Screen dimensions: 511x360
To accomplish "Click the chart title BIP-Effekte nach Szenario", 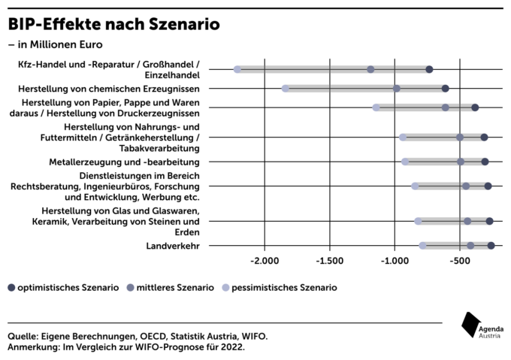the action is (113, 24).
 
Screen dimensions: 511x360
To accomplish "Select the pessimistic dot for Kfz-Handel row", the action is (237, 69).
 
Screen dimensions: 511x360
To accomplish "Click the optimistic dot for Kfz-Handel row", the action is (429, 69).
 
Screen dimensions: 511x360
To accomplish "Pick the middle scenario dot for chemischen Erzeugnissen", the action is (397, 89).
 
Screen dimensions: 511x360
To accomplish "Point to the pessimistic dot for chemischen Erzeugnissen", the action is (285, 89).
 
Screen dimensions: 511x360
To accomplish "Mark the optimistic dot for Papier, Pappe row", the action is (475, 107).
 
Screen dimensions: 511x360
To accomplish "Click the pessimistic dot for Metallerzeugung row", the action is (405, 162).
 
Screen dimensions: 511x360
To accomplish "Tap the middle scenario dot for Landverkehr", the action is (470, 246).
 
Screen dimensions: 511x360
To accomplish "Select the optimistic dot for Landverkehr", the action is (491, 246).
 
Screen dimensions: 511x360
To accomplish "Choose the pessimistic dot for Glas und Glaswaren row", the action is (418, 222).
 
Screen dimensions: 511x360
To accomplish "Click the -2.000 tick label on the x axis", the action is (265, 261).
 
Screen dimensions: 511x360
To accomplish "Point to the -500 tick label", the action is (460, 261).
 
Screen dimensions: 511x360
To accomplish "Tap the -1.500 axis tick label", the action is (329, 261).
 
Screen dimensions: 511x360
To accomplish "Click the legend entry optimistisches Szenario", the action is (64, 288).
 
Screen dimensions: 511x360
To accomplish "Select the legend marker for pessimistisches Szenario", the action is (225, 288).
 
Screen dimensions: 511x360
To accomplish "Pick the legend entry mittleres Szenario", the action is (171, 288).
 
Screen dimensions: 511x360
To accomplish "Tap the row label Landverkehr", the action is (173, 246).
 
